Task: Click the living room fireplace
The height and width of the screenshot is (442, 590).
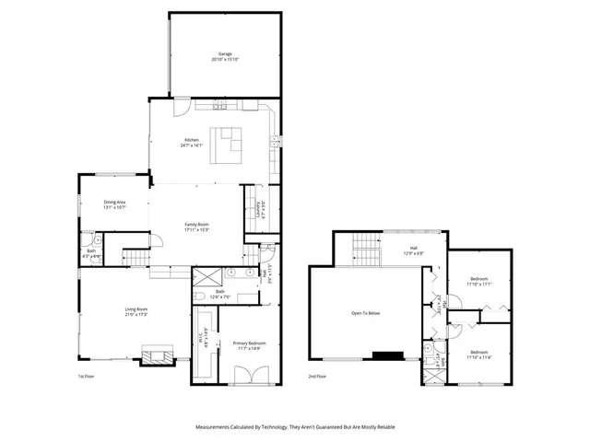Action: [x=154, y=355]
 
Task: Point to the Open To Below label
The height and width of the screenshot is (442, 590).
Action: [x=365, y=313]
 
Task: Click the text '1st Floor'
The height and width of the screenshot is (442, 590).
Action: [x=86, y=377]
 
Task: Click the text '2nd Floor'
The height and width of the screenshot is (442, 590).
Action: [x=318, y=377]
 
